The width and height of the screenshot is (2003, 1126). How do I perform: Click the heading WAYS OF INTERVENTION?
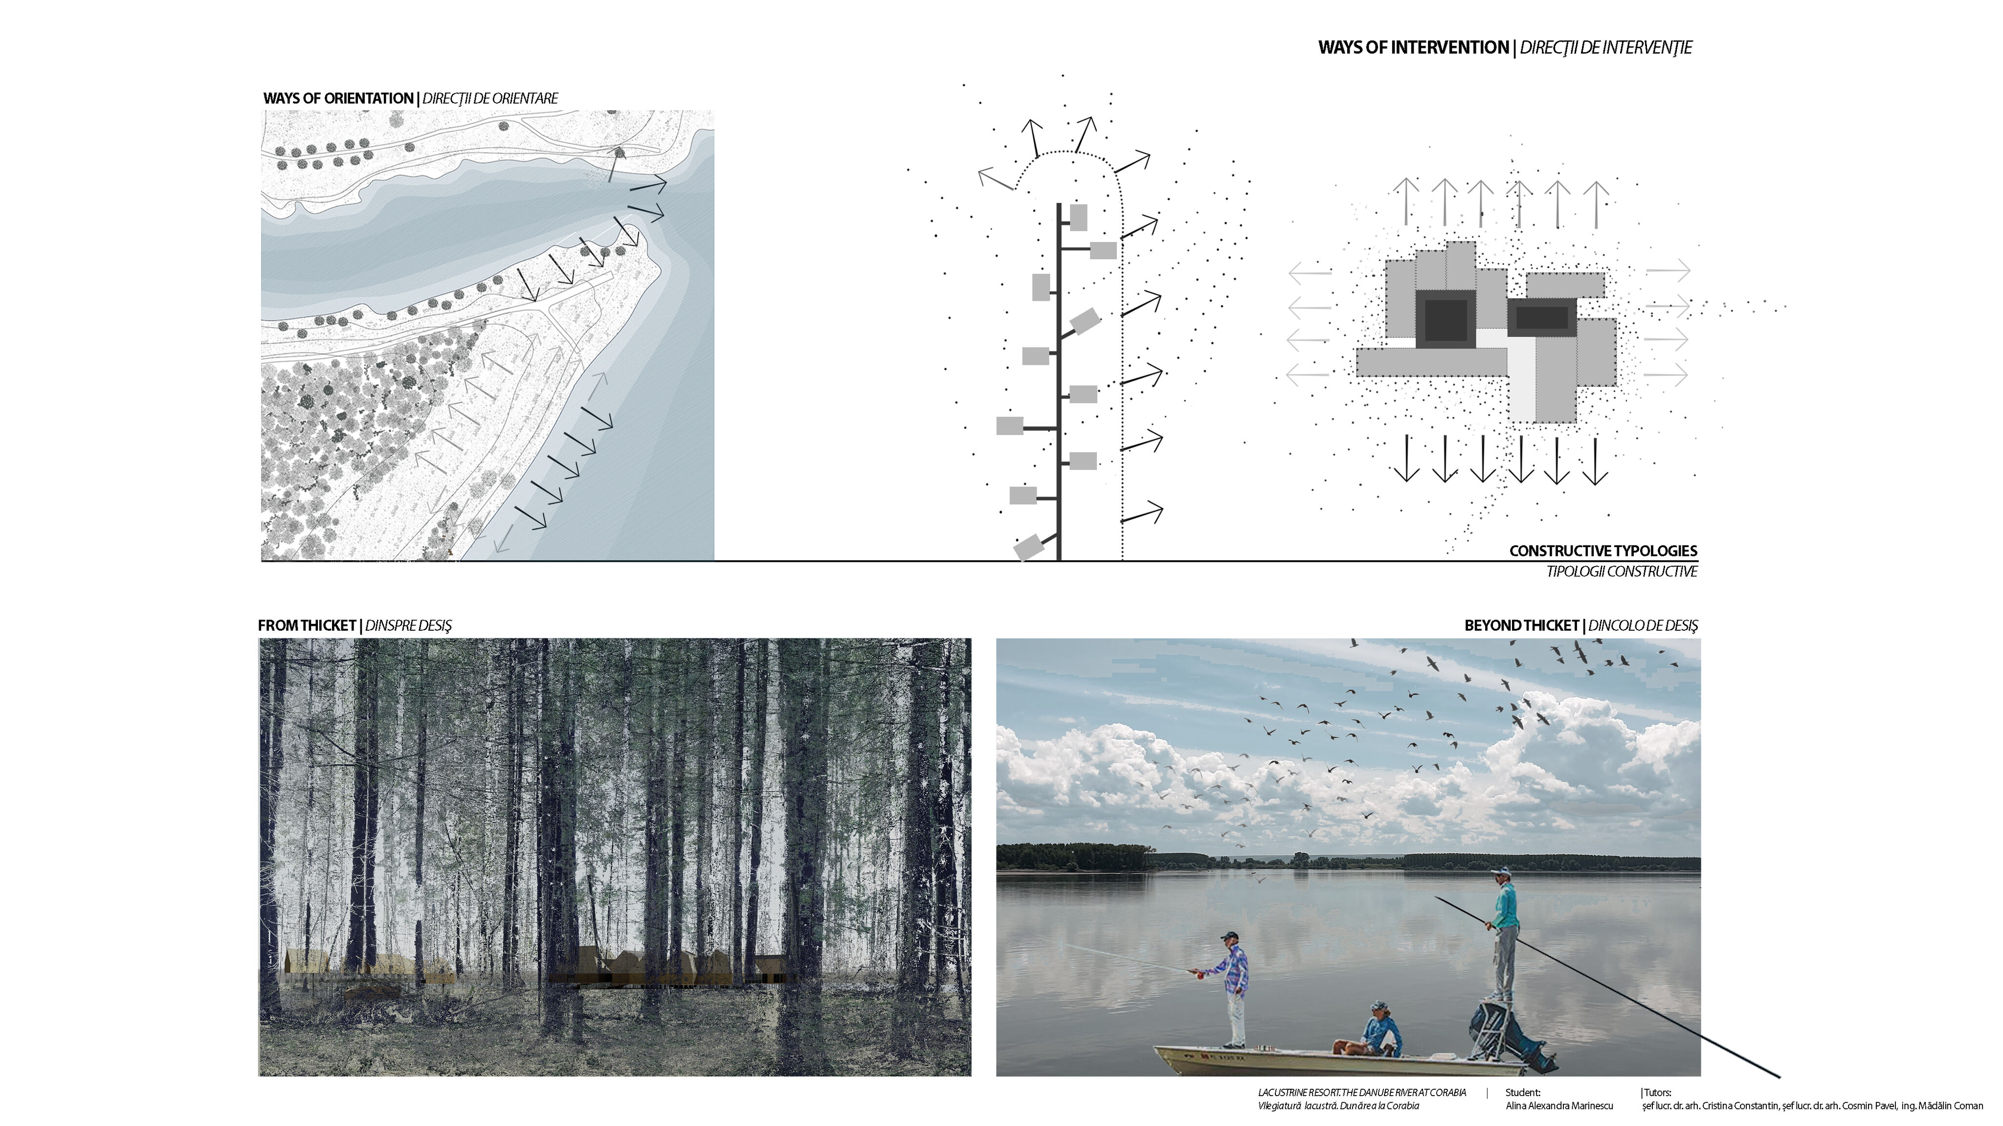click(x=1413, y=47)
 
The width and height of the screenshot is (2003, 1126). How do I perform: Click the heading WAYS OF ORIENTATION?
click(x=338, y=99)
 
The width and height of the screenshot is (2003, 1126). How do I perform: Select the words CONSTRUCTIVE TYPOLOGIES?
click(x=1602, y=551)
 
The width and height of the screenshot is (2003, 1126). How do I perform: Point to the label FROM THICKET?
click(x=306, y=626)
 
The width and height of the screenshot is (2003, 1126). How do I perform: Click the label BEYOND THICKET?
click(x=1522, y=626)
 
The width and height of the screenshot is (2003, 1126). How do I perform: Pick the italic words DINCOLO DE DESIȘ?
click(x=1643, y=626)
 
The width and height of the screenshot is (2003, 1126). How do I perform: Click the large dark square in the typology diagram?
click(x=1446, y=320)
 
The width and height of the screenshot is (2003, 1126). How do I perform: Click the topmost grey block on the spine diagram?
click(x=1078, y=218)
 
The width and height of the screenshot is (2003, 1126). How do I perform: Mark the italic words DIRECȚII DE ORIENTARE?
click(x=490, y=99)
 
